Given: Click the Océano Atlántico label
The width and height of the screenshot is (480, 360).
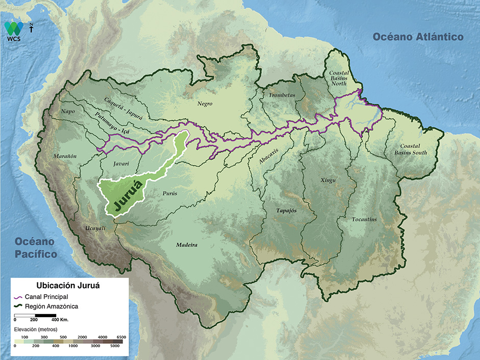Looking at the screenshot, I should pos(418,37).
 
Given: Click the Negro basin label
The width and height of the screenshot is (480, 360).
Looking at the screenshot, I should pos(205,104).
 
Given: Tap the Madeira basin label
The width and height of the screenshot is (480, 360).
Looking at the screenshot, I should pos(187,245).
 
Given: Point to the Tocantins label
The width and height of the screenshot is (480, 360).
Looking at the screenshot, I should pos(364,220).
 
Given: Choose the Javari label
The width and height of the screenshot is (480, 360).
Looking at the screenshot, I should pos(118,164).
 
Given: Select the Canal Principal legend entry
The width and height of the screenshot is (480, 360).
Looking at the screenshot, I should pos(46,297).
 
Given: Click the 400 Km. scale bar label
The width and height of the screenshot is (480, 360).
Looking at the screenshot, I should pos(60,319).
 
